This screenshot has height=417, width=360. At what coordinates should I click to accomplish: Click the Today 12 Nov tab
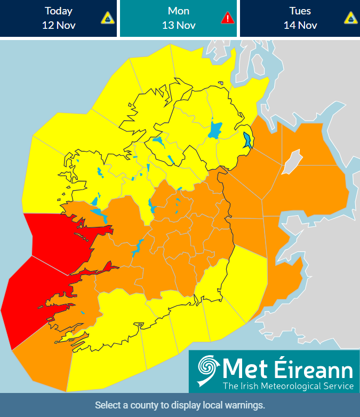(x=58, y=18)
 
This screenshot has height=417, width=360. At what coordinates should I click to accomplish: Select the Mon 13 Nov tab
(x=178, y=18)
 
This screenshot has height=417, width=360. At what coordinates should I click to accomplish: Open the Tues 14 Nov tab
(x=299, y=18)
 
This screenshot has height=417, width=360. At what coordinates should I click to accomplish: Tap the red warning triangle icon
(x=228, y=18)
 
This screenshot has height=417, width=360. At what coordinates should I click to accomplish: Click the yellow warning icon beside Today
(x=108, y=18)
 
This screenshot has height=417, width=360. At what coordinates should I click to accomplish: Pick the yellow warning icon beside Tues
(x=350, y=18)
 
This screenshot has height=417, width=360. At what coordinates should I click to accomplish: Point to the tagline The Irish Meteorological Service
(x=288, y=386)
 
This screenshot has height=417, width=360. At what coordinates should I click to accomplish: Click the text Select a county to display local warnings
(x=180, y=405)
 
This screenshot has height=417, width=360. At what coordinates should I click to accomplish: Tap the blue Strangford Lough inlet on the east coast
(x=247, y=140)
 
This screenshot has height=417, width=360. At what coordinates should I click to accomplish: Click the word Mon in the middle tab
(x=179, y=11)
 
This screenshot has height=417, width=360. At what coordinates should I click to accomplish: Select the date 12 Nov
(x=59, y=25)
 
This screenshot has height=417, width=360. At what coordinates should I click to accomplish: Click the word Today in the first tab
(x=59, y=11)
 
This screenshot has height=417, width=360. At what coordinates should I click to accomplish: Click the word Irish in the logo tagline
(x=250, y=386)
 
